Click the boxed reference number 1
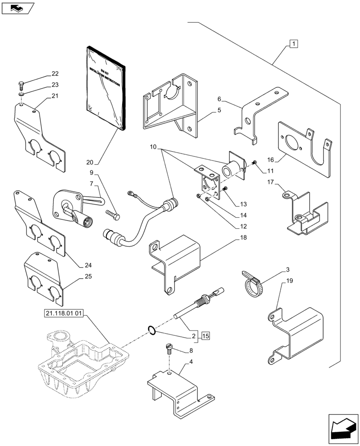point(294,44)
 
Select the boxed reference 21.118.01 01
point(64,313)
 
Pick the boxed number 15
point(205,335)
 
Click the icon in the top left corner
point(18,8)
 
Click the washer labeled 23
point(22,94)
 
